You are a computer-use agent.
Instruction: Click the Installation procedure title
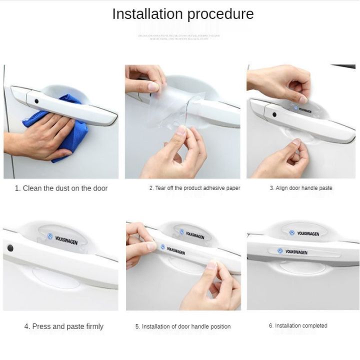pyautogui.click(x=182, y=14)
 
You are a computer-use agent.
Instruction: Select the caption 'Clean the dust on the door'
pyautogui.click(x=61, y=188)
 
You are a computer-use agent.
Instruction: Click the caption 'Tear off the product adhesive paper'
pyautogui.click(x=194, y=188)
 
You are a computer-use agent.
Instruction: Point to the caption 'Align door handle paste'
pyautogui.click(x=301, y=188)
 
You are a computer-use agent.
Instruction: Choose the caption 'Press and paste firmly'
pyautogui.click(x=64, y=326)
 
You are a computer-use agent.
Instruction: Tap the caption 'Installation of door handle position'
pyautogui.click(x=183, y=326)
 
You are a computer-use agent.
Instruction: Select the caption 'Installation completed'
pyautogui.click(x=298, y=325)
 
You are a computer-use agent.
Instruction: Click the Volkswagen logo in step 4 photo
pyautogui.click(x=50, y=236)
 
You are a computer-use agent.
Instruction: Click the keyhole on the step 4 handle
pyautogui.click(x=10, y=247)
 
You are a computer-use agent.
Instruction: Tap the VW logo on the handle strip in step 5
pyautogui.click(x=162, y=246)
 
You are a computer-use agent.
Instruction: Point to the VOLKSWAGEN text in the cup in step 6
pyautogui.click(x=308, y=233)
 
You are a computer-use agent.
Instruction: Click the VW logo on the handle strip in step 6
pyautogui.click(x=280, y=250)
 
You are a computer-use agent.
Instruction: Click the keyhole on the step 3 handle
pyautogui.click(x=274, y=114)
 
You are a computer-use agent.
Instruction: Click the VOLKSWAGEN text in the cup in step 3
pyautogui.click(x=305, y=109)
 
